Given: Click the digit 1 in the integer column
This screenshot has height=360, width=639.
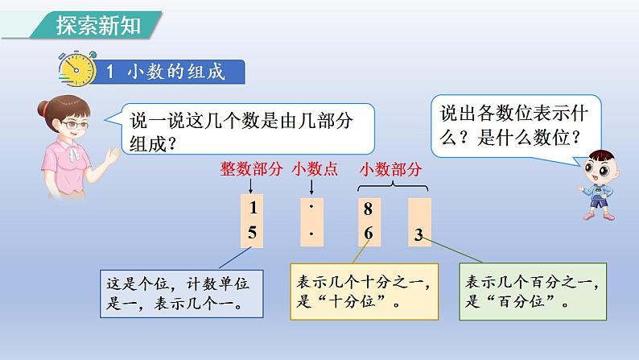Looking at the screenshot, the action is pyautogui.click(x=253, y=208).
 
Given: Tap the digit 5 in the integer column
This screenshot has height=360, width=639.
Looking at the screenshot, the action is pyautogui.click(x=252, y=233).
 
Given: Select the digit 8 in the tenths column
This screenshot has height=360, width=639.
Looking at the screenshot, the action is pyautogui.click(x=368, y=209).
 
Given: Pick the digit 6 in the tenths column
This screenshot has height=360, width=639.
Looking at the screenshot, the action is pyautogui.click(x=369, y=234).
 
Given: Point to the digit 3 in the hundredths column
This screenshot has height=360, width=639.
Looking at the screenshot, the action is pyautogui.click(x=418, y=235).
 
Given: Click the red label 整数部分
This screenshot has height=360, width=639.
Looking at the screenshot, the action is pyautogui.click(x=251, y=169).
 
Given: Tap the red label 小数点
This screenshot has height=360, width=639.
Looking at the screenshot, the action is pyautogui.click(x=315, y=169).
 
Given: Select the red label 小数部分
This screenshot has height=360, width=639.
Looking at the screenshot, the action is pyautogui.click(x=390, y=169).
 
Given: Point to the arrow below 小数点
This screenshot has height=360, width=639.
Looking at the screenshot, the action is pyautogui.click(x=311, y=187).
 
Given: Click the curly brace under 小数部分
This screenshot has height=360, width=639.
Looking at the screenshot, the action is pyautogui.click(x=393, y=186).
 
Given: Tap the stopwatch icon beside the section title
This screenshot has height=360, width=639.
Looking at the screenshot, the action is pyautogui.click(x=77, y=68).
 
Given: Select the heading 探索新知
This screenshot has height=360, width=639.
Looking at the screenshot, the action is pyautogui.click(x=98, y=25).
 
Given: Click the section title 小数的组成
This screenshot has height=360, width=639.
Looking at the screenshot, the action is pyautogui.click(x=176, y=72).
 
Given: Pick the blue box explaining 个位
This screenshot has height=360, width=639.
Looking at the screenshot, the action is pyautogui.click(x=181, y=293).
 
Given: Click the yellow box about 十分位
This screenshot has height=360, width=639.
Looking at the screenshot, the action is pyautogui.click(x=365, y=292).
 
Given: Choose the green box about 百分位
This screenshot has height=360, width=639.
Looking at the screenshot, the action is pyautogui.click(x=533, y=292).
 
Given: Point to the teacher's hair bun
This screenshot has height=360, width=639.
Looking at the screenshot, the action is pyautogui.click(x=43, y=109).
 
